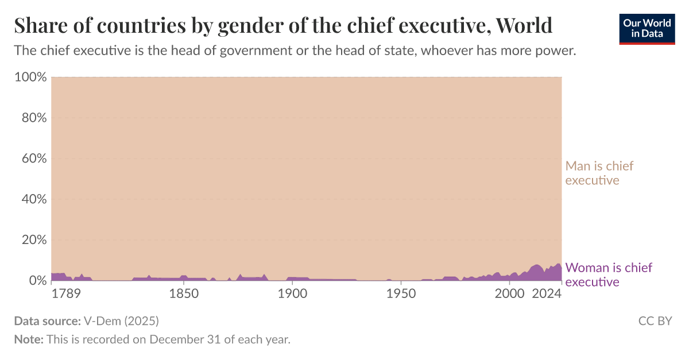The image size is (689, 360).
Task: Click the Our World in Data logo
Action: point(647,28)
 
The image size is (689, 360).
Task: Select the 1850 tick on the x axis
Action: point(183,295)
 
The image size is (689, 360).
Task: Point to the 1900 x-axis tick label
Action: point(292,295)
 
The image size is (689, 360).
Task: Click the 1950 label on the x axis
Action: point(401,295)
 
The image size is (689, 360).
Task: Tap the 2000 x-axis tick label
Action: point(510,295)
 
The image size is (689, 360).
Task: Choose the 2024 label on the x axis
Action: point(547,295)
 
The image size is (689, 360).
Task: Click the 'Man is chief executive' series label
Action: point(599,173)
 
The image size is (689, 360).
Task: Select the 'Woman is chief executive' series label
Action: point(609,274)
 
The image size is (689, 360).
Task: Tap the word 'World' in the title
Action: point(524,26)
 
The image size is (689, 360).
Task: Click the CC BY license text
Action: point(655,321)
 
